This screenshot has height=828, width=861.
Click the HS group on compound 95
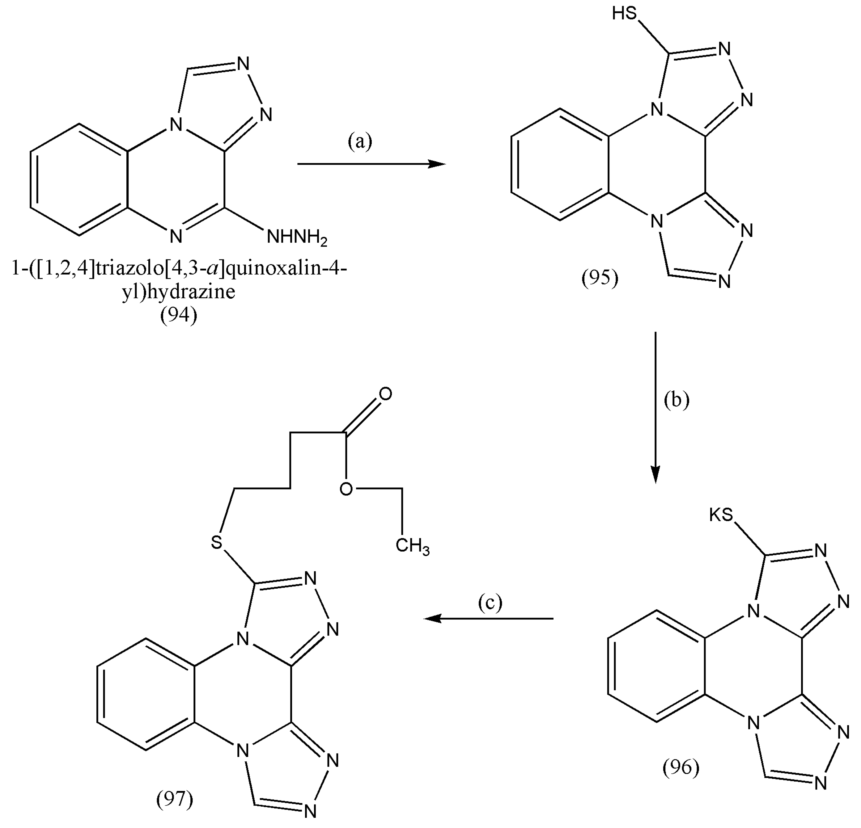click(x=624, y=14)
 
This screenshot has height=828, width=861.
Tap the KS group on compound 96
click(x=721, y=515)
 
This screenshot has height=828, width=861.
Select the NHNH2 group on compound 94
click(x=297, y=238)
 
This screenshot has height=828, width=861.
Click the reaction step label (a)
click(x=360, y=142)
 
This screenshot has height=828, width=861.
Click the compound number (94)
click(x=178, y=315)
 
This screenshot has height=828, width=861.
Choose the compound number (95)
click(x=600, y=277)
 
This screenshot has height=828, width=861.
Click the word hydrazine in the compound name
click(x=191, y=292)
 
